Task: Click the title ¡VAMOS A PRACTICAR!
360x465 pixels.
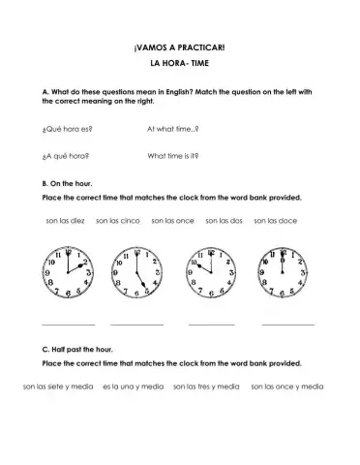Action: [180, 46]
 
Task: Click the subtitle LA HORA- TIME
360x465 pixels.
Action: [180, 64]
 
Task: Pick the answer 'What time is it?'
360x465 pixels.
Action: [173, 155]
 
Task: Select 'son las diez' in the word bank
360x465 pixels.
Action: [66, 220]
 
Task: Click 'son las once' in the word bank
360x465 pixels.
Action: [172, 220]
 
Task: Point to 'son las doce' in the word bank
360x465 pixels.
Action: [275, 220]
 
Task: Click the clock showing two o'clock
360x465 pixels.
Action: [69, 272]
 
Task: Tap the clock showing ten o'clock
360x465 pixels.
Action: [212, 272]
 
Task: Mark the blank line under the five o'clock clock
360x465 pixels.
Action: [136, 323]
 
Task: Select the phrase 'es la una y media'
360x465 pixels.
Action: [133, 387]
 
